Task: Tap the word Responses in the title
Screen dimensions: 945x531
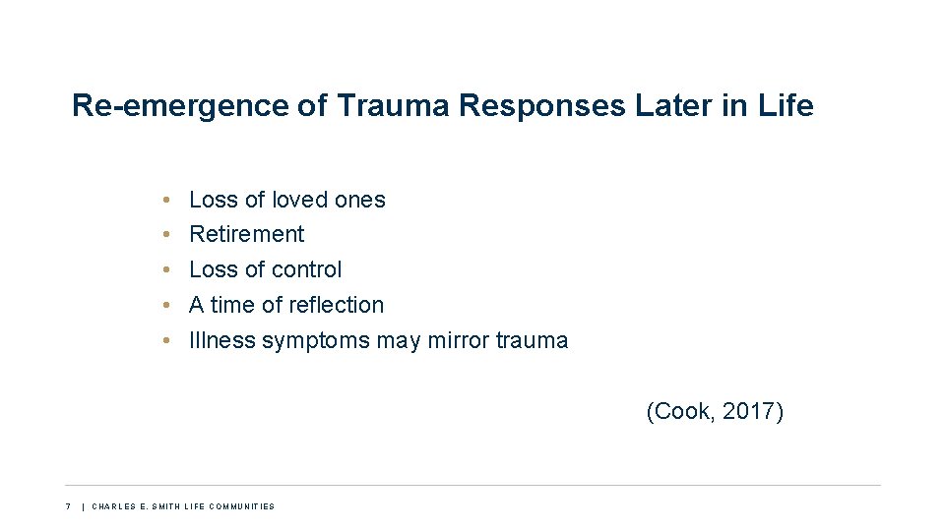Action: click(x=540, y=106)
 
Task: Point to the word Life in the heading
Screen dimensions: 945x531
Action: click(x=787, y=106)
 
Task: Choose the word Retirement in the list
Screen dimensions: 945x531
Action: click(x=246, y=234)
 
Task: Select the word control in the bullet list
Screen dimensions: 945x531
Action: click(x=306, y=269)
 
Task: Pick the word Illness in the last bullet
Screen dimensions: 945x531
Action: click(x=221, y=340)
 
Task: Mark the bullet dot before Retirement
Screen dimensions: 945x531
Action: click(x=168, y=235)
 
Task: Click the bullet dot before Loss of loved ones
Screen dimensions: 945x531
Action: click(x=168, y=200)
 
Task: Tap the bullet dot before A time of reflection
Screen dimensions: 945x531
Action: click(x=168, y=306)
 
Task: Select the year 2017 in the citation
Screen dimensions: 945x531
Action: click(x=748, y=411)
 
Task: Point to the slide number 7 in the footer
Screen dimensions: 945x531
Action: click(x=68, y=506)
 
